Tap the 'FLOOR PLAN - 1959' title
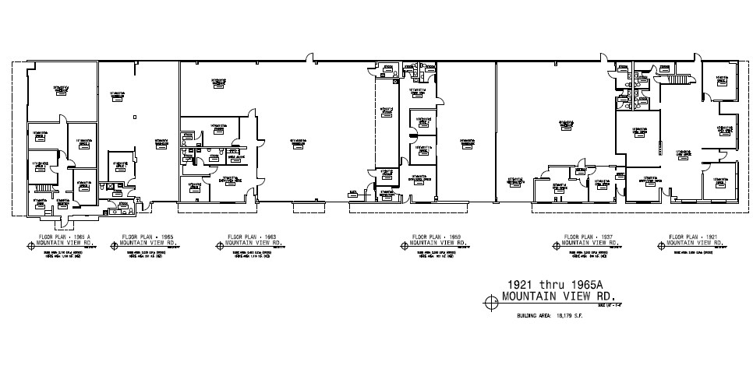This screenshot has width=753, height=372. click(x=437, y=236)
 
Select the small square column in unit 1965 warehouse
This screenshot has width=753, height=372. click(x=134, y=117)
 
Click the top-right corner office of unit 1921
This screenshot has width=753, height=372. click(x=719, y=83)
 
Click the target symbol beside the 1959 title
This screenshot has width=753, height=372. click(x=402, y=244)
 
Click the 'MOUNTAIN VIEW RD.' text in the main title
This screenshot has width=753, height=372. click(x=559, y=297)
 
